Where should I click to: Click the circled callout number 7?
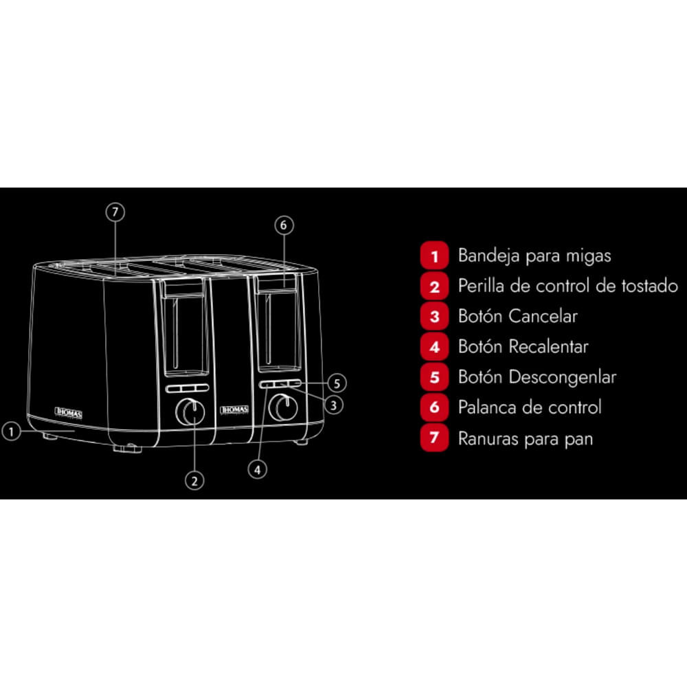click(115, 212)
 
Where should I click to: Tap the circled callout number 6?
click(284, 225)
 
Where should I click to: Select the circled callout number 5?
click(337, 383)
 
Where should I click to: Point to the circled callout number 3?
click(333, 405)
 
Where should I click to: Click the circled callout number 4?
click(257, 470)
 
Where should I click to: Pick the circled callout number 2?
click(194, 481)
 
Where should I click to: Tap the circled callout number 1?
click(12, 431)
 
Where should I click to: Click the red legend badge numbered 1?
click(434, 256)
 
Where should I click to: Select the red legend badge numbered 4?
click(434, 347)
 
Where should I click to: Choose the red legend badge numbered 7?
click(434, 438)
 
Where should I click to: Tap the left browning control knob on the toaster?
click(190, 412)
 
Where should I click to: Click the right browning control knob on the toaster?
click(283, 407)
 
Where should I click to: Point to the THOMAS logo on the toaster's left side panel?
click(68, 412)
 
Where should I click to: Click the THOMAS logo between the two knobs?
click(234, 409)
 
